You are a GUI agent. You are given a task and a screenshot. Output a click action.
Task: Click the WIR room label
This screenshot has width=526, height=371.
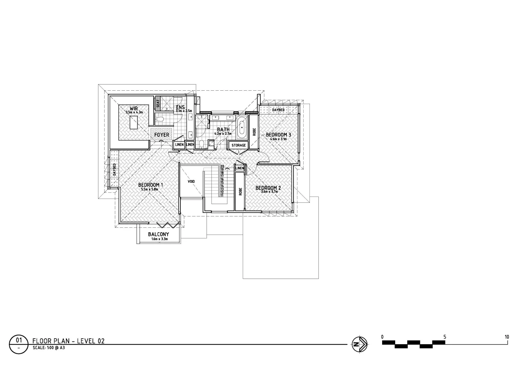point(134,109)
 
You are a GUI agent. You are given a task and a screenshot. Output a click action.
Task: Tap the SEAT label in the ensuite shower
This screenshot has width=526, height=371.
point(158,103)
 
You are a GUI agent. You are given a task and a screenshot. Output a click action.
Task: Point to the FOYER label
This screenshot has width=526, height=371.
point(161,135)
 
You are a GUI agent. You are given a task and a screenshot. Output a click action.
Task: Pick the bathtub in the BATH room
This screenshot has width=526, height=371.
point(242,128)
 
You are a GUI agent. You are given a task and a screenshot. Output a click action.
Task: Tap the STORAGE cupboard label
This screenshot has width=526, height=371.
point(239,145)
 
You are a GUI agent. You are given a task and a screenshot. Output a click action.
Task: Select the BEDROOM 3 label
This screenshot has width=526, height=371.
point(278,135)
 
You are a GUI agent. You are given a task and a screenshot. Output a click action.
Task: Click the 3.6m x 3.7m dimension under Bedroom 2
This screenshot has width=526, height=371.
point(269,191)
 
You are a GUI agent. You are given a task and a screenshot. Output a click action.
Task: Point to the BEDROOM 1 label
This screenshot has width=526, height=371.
point(150,185)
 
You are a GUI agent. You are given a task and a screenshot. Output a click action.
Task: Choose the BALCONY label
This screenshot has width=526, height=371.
point(158,234)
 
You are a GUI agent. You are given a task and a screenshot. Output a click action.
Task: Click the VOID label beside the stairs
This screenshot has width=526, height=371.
point(191,181)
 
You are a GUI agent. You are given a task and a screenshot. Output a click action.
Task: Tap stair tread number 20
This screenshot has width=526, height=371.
point(222,166)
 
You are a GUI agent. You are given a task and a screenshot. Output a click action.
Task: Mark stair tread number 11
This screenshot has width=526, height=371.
point(222,195)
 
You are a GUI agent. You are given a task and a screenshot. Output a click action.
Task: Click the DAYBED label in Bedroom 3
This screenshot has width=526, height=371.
point(278,110)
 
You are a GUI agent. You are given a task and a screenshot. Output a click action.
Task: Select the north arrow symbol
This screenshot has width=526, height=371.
point(359,344)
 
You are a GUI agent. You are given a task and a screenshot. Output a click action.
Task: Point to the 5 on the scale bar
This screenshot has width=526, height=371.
point(444,337)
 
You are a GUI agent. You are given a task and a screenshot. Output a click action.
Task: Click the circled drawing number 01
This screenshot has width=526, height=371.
point(19,340)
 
